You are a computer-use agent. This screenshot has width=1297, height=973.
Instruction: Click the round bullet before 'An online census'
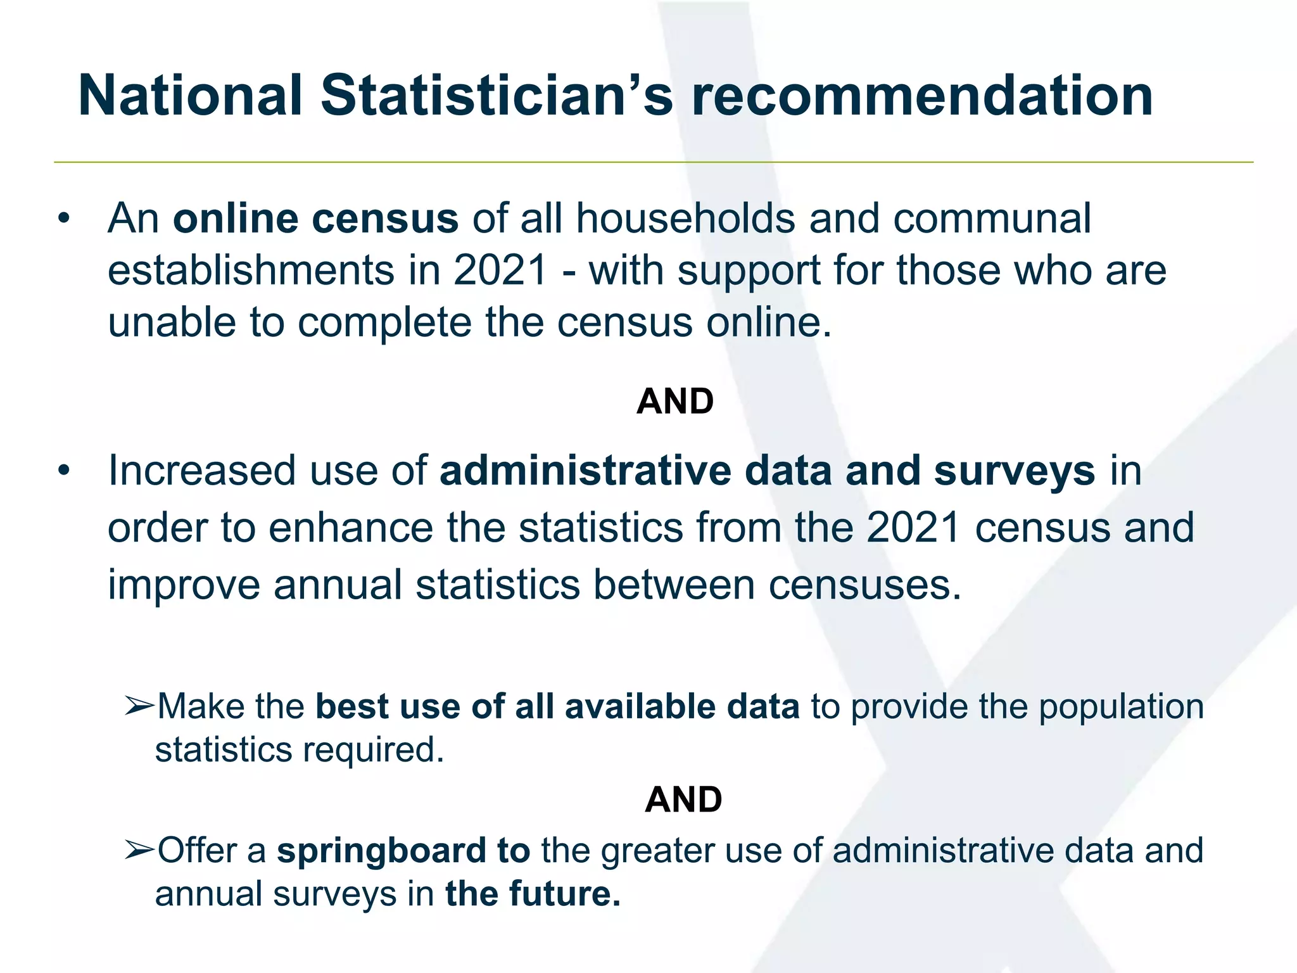63,219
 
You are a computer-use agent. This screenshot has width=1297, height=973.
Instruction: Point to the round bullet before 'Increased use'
63,471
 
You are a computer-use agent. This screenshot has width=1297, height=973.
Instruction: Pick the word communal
992,219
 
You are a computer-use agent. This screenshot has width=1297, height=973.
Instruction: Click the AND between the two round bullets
675,401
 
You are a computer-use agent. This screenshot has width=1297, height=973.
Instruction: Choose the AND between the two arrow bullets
683,799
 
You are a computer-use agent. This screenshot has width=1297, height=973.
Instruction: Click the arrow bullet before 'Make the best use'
139,706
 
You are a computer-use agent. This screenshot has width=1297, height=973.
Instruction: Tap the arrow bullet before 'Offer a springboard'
139,849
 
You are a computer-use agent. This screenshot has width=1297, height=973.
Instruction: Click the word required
373,750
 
